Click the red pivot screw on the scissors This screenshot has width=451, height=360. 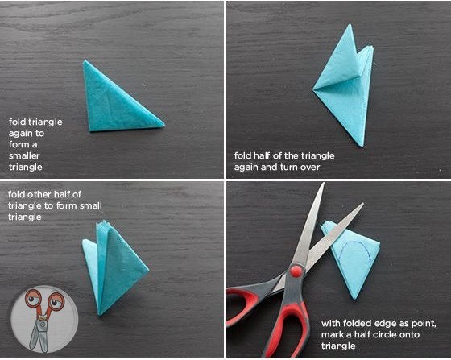click(x=296, y=271)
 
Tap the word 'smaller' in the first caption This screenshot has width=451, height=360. click(x=24, y=156)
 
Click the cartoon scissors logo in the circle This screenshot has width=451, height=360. click(x=44, y=319)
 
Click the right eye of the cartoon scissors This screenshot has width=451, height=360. click(x=56, y=301)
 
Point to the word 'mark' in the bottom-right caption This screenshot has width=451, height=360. click(x=332, y=335)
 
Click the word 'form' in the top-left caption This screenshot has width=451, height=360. click(x=19, y=144)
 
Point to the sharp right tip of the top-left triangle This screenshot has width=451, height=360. click(x=164, y=124)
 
